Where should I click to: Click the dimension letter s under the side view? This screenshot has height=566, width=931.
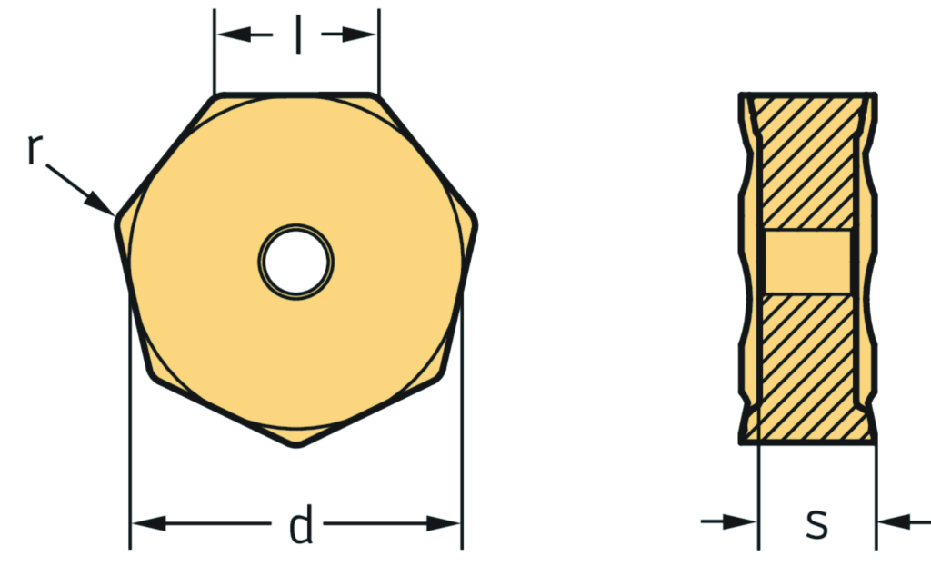[817, 522]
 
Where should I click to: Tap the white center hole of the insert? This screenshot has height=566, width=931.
[296, 262]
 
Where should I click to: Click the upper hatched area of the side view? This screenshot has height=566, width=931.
[807, 164]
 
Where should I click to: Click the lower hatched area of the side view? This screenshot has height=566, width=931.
[807, 363]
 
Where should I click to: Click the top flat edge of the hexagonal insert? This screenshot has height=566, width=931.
[296, 94]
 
